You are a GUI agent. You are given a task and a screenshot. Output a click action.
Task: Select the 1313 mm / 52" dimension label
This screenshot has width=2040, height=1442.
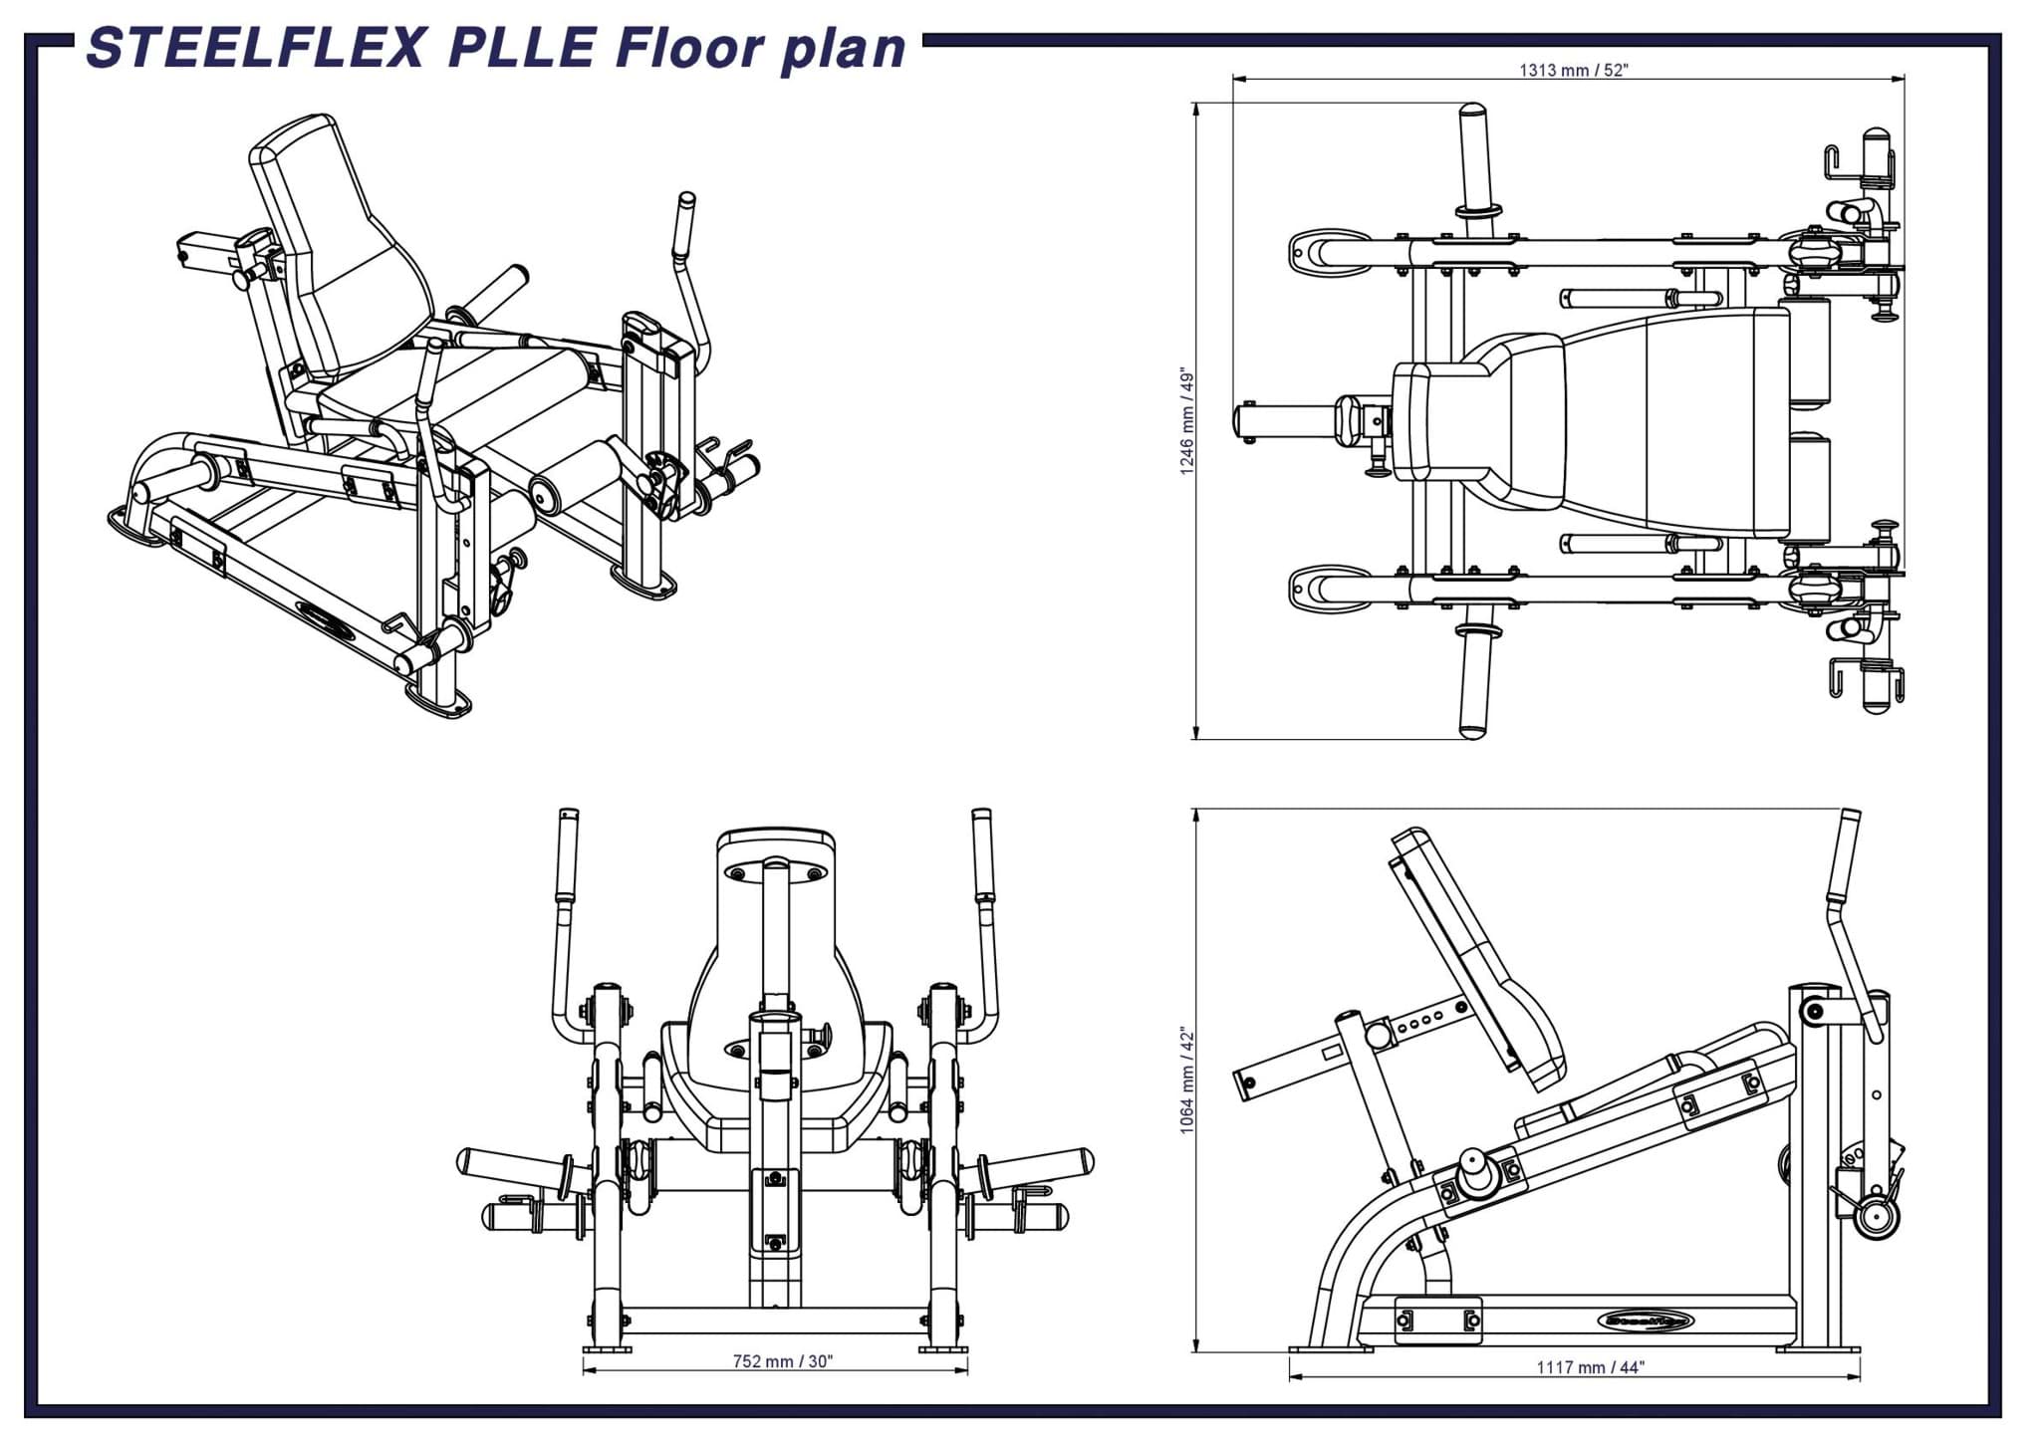[x=1573, y=70]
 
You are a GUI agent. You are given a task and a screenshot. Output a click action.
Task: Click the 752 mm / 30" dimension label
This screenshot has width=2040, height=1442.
[x=782, y=1361]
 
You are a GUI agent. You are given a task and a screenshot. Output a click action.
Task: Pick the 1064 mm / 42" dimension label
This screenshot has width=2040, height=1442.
[x=1186, y=1081]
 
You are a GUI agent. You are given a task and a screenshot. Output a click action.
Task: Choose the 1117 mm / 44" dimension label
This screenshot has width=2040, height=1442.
[x=1590, y=1367]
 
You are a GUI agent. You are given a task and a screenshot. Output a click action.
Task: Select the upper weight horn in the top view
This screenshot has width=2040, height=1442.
[x=1473, y=159]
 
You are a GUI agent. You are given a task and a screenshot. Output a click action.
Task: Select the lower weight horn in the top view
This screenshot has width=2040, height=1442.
[x=1472, y=687]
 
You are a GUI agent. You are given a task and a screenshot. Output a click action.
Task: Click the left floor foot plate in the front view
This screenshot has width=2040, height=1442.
[x=607, y=1349]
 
